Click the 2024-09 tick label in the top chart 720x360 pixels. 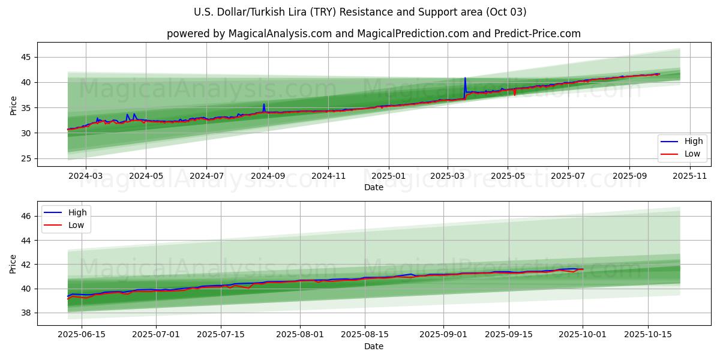tap(268, 176)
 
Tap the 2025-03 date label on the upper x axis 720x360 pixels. tap(448, 176)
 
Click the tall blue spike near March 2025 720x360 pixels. tap(465, 79)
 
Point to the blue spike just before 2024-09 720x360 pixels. tap(263, 104)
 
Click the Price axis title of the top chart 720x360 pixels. tap(13, 105)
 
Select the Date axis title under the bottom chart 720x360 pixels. tap(374, 346)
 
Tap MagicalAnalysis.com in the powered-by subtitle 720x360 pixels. tap(280, 34)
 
